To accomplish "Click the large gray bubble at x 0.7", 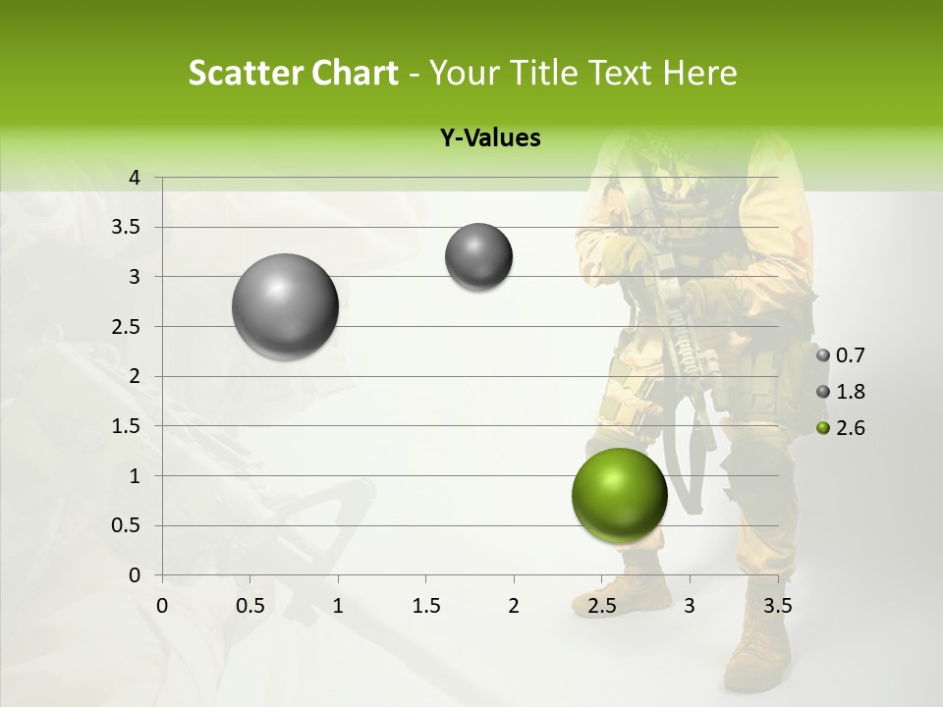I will coord(285,306).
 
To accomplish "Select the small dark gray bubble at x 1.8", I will coord(478,257).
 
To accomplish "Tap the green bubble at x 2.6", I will coord(619,495).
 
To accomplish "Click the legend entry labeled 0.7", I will coord(841,355).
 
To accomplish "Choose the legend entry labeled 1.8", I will coord(841,392).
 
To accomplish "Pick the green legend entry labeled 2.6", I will coord(841,428).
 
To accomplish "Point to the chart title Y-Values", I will coord(489,138).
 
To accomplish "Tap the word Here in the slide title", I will coord(699,73).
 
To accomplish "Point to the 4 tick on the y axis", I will coord(135,178).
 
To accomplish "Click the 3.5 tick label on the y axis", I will coord(126,228).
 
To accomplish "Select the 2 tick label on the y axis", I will coord(135,376).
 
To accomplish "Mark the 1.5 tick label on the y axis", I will coord(126,426).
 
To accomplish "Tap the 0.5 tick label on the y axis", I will coord(126,525).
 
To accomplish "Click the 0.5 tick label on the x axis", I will coord(250,606).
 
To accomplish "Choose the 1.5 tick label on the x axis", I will coord(425,606).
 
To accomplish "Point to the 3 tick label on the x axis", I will coord(690,606).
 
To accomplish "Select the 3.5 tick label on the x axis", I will coord(777,606).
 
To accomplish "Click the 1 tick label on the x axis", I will coord(338,606).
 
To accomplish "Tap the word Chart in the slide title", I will coord(353,73).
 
